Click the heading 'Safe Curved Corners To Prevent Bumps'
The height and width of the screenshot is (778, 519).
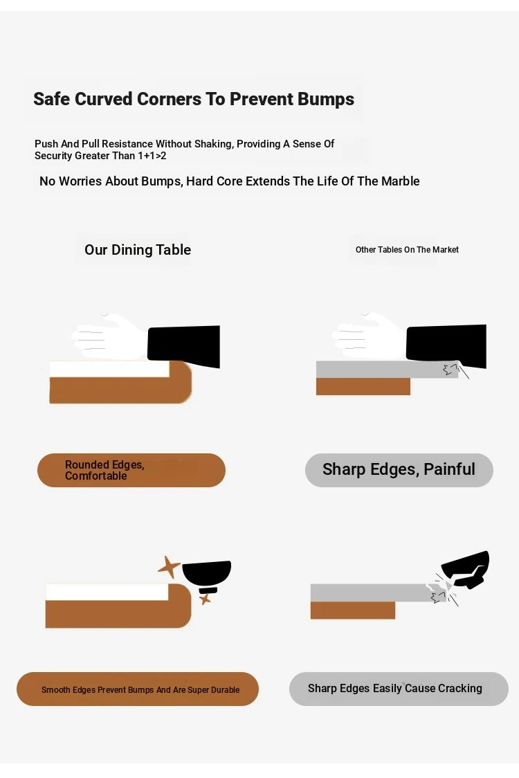click(194, 99)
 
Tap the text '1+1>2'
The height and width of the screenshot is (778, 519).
click(152, 156)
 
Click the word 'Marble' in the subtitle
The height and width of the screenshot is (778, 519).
click(401, 181)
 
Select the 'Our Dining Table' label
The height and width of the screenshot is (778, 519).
click(138, 250)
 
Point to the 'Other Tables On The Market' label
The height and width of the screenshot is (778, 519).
click(407, 250)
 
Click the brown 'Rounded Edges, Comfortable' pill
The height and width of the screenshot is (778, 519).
click(131, 470)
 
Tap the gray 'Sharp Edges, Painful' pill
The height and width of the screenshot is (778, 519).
click(399, 470)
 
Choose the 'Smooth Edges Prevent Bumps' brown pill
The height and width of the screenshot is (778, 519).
click(138, 689)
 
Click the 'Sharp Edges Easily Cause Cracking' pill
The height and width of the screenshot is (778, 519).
click(399, 689)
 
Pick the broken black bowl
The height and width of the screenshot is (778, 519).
click(466, 570)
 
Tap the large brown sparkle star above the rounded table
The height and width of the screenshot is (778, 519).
click(170, 567)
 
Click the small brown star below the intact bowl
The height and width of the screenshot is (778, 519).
click(205, 599)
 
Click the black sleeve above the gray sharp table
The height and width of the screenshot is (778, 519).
click(446, 346)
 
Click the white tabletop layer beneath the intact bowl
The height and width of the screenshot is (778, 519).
click(107, 592)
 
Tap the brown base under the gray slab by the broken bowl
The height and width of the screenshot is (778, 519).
click(353, 610)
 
